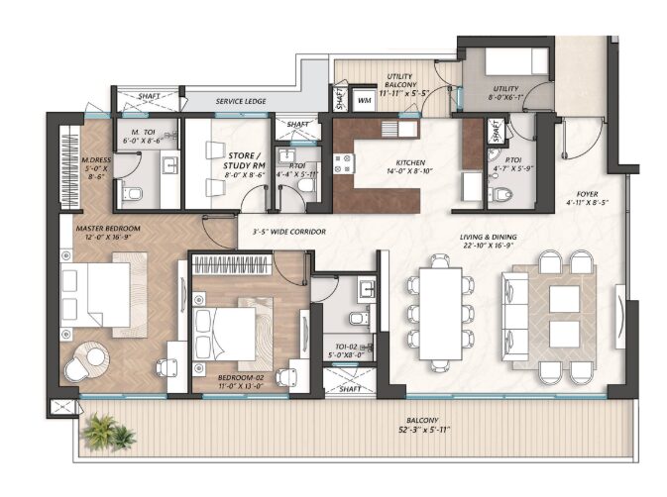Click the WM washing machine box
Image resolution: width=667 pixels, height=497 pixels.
coord(364,99)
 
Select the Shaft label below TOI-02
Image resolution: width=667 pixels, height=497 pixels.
coord(349,389)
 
